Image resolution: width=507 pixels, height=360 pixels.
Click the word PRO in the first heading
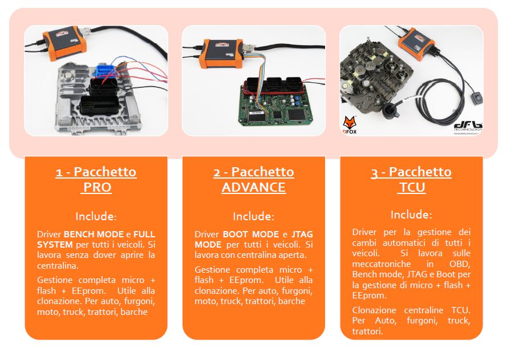[98, 187]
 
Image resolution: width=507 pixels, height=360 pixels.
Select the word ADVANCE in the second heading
[253, 187]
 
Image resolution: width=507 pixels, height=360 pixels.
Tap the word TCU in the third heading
[412, 187]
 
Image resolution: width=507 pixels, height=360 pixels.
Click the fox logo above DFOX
[350, 123]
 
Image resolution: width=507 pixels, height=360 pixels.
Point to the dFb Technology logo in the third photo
[468, 127]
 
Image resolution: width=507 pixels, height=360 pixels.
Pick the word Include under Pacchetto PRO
[95, 216]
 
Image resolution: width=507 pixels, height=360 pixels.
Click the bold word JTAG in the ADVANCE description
[302, 234]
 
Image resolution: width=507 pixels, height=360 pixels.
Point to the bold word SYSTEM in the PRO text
[55, 245]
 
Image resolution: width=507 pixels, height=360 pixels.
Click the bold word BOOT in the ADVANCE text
[235, 234]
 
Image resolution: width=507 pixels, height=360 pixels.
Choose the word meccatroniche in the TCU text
[382, 264]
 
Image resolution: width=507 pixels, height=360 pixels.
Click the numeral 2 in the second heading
[217, 173]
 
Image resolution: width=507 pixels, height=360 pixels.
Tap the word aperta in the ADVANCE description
[294, 256]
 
